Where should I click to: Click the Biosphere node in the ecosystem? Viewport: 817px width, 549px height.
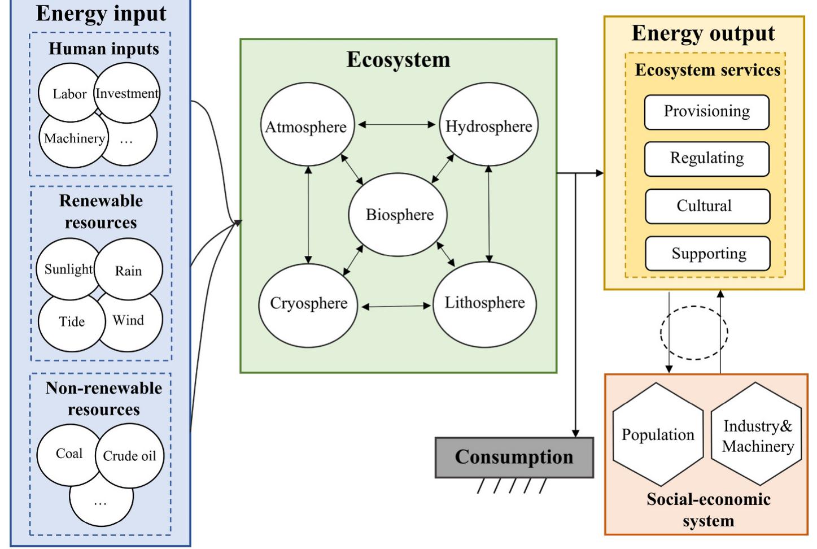(x=399, y=215)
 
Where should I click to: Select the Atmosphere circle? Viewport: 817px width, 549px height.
(x=306, y=127)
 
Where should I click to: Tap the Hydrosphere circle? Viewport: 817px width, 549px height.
(x=488, y=126)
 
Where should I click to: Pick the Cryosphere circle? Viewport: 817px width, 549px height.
(x=308, y=303)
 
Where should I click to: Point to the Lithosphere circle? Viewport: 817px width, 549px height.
(x=484, y=303)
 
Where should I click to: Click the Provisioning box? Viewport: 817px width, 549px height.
(x=706, y=112)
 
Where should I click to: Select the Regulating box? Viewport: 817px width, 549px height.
(x=706, y=159)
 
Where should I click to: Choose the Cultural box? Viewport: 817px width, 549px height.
(x=706, y=206)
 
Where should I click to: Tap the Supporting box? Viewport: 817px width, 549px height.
(x=707, y=254)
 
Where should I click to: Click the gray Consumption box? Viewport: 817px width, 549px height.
(x=514, y=457)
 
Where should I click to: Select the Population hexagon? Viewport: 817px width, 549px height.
(x=658, y=434)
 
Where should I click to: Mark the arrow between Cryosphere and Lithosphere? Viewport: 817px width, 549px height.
(x=396, y=307)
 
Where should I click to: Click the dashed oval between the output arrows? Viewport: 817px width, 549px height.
(x=694, y=333)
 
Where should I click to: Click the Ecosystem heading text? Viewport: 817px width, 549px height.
(x=398, y=60)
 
